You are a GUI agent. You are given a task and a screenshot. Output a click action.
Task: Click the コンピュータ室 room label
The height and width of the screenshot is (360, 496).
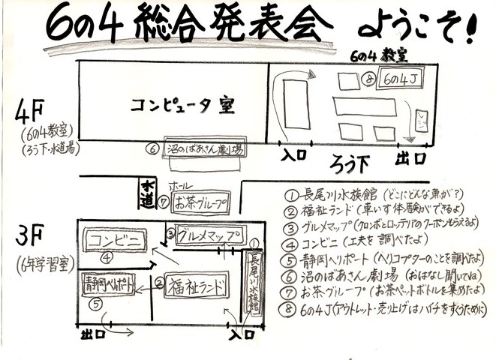pyautogui.click(x=182, y=104)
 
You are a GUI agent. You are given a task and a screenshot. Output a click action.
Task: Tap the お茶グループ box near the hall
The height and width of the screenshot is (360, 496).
pyautogui.click(x=201, y=201)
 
